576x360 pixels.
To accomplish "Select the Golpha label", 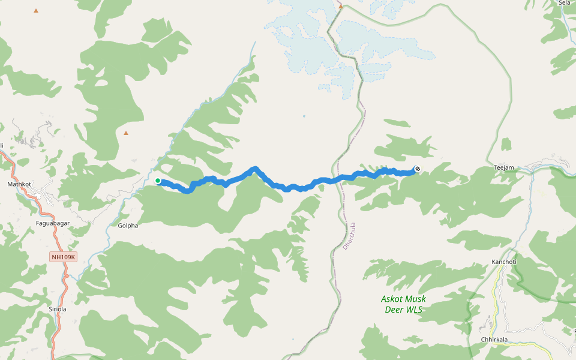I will click(x=128, y=226).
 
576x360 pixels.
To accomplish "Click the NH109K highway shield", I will click(x=64, y=257).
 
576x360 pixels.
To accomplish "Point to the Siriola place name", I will click(x=57, y=309).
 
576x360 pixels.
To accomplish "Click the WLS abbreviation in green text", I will click(x=412, y=310).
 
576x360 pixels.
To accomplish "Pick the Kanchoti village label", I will click(x=503, y=262).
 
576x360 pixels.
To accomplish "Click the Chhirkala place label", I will click(x=494, y=340).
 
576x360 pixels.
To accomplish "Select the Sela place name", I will click(x=565, y=3).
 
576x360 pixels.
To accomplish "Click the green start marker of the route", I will click(x=158, y=181).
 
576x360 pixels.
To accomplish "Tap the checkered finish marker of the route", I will click(x=417, y=169).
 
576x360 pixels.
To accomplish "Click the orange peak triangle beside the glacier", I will click(x=340, y=6).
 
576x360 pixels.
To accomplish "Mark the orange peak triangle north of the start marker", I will click(x=126, y=133).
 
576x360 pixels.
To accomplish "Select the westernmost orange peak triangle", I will click(x=36, y=11).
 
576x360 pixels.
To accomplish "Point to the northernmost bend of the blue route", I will click(x=255, y=169).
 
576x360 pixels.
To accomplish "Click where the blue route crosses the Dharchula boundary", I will click(x=334, y=180).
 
